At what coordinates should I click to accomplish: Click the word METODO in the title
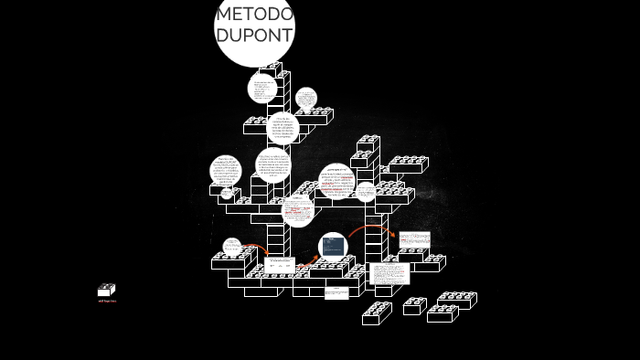click(255, 15)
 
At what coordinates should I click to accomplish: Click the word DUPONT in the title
click(255, 35)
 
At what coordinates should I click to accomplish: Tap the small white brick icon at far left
click(106, 290)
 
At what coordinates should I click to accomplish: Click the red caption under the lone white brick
click(107, 301)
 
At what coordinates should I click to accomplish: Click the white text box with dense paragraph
click(389, 273)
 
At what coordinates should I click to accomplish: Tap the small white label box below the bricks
click(336, 292)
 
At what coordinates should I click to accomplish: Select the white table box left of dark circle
click(280, 266)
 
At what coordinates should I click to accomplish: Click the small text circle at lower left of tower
click(232, 247)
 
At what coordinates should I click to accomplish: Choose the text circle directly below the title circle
click(262, 88)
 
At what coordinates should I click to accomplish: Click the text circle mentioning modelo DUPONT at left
click(226, 171)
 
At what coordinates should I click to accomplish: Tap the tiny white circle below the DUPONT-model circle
click(227, 194)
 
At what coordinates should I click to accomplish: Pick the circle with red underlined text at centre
click(298, 210)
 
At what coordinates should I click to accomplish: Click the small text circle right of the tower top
click(306, 98)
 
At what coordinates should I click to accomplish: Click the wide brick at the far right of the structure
click(408, 164)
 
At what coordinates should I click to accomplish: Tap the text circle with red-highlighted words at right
click(336, 181)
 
